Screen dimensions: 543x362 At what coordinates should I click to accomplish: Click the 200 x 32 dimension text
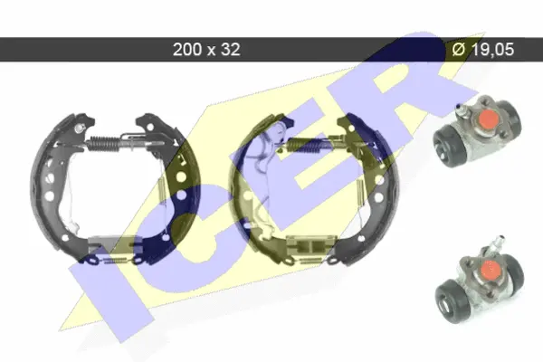[206, 50]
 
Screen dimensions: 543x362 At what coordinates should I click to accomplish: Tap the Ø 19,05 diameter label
[483, 50]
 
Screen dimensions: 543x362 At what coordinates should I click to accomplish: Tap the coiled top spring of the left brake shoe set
[104, 143]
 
